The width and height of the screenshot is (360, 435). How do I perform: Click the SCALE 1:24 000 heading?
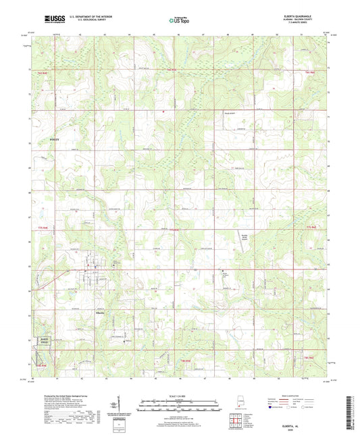coord(180,395)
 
